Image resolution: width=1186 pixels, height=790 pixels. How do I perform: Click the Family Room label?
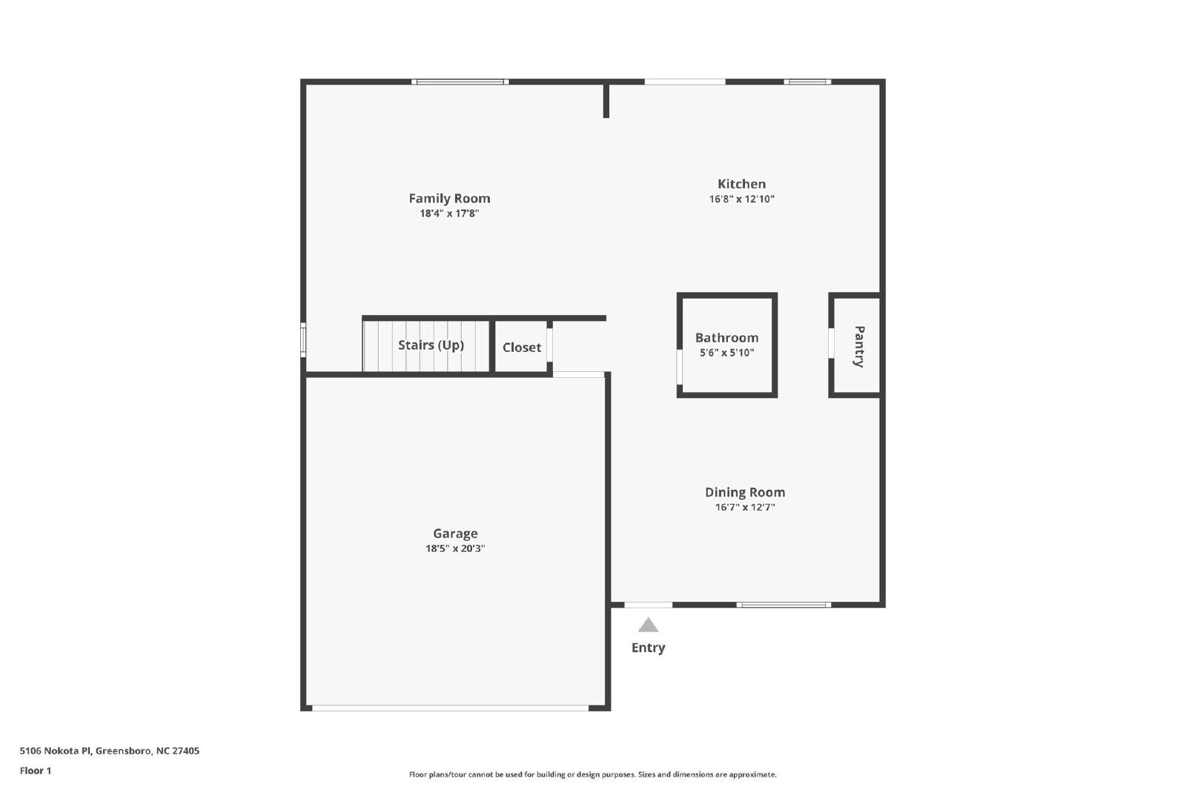coord(449,199)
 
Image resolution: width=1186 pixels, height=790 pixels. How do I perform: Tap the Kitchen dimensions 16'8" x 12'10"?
coord(742,199)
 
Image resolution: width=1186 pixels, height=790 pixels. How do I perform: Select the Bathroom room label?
coord(727,338)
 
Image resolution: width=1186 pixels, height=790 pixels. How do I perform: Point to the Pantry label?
coord(859,347)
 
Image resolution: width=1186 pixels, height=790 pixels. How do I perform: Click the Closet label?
coord(522,348)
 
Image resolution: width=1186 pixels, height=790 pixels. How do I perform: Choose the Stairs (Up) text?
coord(431,345)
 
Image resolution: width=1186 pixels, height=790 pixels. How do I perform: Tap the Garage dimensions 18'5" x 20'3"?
coord(455,548)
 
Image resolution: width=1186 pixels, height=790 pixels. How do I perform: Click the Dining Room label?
coord(745,492)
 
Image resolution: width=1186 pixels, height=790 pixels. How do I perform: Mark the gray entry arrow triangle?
coord(648,625)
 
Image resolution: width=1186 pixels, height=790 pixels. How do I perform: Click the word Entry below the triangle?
coord(648,648)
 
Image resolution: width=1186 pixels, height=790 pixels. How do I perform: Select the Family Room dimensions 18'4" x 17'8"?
coord(449,213)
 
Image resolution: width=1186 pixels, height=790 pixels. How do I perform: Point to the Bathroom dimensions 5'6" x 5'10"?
coord(727,353)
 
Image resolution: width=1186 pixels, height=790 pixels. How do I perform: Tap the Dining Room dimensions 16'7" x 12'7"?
coord(745,507)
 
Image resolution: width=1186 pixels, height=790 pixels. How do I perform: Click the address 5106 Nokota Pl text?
coord(56,750)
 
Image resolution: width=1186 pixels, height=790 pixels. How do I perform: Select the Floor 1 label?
coord(36,771)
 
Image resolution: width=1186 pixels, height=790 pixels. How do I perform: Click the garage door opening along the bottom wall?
coord(450,708)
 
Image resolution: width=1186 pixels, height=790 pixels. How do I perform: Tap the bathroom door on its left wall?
coord(679,366)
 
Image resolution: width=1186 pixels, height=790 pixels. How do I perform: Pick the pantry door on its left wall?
coord(831,343)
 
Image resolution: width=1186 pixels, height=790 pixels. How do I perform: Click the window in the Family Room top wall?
coord(460,82)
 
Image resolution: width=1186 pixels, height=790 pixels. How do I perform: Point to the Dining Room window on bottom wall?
coord(784,605)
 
